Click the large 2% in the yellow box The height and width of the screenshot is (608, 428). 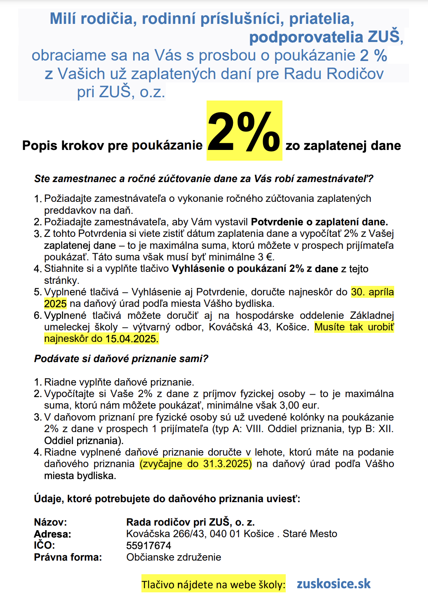(244, 131)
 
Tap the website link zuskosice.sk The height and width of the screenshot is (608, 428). (334, 584)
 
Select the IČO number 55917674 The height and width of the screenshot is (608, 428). (148, 545)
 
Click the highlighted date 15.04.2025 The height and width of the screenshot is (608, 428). (132, 339)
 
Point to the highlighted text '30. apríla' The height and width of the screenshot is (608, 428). (372, 292)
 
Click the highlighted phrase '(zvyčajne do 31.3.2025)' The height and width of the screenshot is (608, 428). (195, 463)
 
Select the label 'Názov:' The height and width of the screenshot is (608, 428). (50, 522)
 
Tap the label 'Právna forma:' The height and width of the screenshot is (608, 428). (68, 557)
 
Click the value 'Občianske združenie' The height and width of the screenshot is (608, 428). (174, 557)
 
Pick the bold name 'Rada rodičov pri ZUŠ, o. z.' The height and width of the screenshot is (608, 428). (190, 522)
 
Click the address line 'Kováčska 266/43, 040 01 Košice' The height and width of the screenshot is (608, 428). (200, 534)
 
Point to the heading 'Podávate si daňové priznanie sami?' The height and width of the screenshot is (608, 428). (121, 358)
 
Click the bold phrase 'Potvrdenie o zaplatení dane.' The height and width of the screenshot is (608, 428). (320, 222)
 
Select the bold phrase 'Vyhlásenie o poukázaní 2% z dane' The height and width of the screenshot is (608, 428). (255, 269)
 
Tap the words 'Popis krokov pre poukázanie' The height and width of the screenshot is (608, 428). (112, 145)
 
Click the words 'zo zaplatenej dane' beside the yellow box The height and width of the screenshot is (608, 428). (343, 145)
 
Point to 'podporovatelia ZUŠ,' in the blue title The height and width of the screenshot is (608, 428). (326, 37)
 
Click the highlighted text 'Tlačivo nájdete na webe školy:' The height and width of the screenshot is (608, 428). (213, 585)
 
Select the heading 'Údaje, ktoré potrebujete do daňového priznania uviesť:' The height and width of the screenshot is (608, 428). (167, 499)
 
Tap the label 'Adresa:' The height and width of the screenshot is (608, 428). (52, 534)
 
